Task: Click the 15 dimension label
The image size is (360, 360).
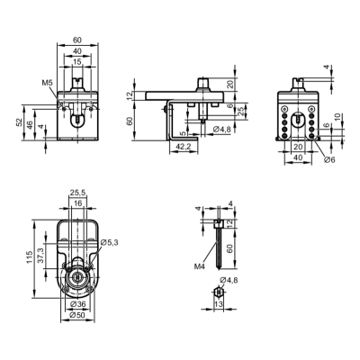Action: (x=77, y=62)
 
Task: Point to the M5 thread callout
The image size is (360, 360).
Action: (x=47, y=83)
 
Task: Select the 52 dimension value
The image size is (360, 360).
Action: (x=19, y=121)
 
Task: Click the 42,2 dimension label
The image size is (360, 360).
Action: (x=183, y=147)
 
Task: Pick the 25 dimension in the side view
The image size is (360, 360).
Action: (x=240, y=112)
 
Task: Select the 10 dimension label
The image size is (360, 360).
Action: (x=337, y=117)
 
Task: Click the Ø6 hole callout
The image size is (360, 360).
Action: (x=329, y=159)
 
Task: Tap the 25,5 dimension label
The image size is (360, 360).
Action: (x=77, y=193)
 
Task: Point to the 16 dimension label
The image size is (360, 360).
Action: (x=77, y=203)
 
